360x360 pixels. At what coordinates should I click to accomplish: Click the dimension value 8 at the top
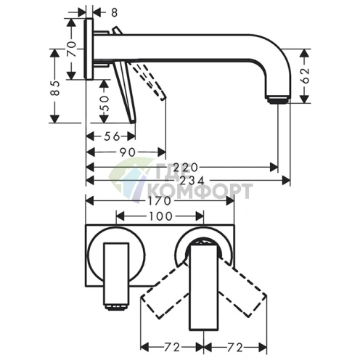point(114,12)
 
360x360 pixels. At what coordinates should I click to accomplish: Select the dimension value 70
point(72,49)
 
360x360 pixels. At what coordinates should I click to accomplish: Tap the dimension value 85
point(55,88)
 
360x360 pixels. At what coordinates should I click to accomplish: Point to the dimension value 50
point(105,103)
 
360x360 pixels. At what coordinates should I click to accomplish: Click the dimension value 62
point(306,75)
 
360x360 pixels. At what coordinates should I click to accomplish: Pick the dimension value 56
point(112,136)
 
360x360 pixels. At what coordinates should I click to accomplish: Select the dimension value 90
point(128,152)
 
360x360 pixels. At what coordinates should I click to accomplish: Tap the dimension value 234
point(192,180)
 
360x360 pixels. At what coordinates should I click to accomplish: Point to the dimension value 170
point(160,201)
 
